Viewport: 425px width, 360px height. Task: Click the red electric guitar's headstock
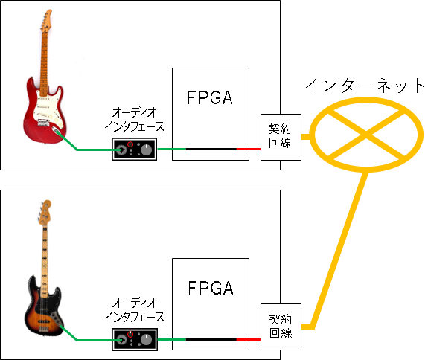tap(46, 21)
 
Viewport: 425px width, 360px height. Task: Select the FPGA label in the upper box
tap(210, 97)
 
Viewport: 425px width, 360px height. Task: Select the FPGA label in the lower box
tap(211, 288)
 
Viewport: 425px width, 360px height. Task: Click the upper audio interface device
tap(135, 150)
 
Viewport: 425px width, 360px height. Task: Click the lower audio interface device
tap(135, 340)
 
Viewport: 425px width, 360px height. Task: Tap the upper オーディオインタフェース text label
tap(135, 120)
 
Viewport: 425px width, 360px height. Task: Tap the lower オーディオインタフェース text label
tap(135, 310)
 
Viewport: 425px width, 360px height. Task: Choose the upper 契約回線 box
tap(281, 137)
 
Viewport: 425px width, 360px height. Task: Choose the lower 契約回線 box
tap(281, 327)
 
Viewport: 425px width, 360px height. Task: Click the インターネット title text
tap(365, 86)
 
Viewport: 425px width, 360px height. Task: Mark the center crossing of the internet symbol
tap(366, 135)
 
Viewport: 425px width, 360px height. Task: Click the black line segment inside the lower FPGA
tap(211, 339)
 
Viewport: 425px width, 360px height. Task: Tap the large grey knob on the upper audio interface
tap(147, 150)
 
